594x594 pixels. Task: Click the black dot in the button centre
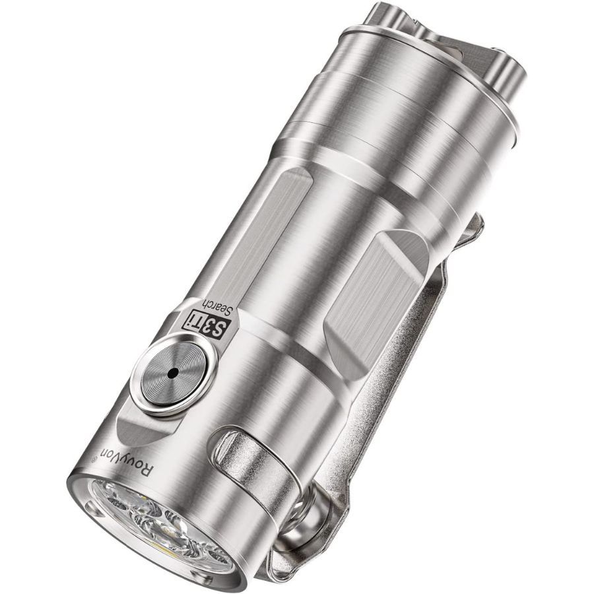point(173,373)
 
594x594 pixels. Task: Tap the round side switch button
point(173,373)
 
